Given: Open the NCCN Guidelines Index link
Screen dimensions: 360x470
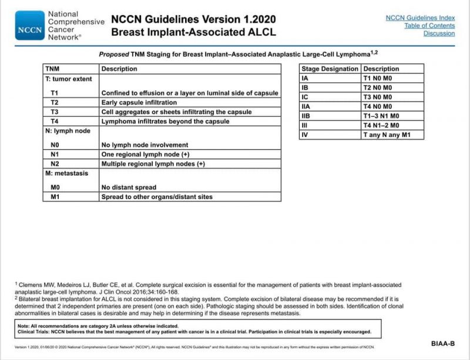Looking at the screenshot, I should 420,18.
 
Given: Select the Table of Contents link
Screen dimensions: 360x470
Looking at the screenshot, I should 429,26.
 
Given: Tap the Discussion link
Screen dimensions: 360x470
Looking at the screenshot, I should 439,33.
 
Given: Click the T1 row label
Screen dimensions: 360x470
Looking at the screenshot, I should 55,93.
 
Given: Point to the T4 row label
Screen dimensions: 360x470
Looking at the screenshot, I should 55,122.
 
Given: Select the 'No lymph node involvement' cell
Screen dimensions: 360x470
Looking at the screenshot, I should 145,145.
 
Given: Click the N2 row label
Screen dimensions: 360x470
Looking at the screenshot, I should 55,164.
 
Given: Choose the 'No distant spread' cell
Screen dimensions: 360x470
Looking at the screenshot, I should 129,188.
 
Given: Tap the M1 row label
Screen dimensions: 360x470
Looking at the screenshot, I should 55,197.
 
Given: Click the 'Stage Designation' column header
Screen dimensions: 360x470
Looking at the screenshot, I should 330,69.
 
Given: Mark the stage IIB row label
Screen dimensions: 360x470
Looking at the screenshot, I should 305,116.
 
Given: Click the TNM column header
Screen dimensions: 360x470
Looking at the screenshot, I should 52,69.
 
